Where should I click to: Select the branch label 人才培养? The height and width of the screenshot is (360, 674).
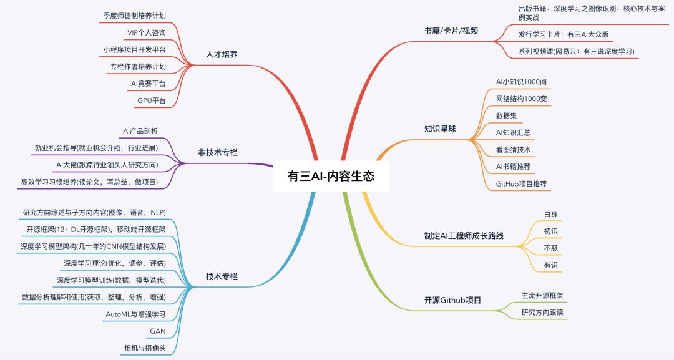click(x=222, y=54)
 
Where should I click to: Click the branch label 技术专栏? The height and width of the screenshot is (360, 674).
click(x=222, y=276)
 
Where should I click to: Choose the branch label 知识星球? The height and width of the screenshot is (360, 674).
click(x=440, y=129)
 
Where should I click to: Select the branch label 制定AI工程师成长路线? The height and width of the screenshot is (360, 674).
click(x=464, y=236)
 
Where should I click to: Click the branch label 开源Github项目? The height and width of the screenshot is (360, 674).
click(x=452, y=299)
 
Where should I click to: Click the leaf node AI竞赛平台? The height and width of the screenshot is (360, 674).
click(x=146, y=83)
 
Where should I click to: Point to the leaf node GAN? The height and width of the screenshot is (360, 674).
click(x=158, y=331)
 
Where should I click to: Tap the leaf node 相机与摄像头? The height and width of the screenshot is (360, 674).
click(x=145, y=348)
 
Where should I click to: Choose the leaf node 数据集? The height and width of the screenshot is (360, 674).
click(x=506, y=115)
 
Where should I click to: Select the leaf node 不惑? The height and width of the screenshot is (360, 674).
click(x=550, y=248)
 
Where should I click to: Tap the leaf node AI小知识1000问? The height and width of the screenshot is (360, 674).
click(x=522, y=82)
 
